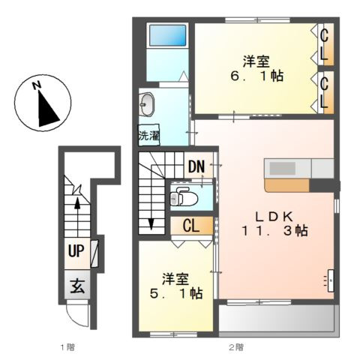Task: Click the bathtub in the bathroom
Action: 167,35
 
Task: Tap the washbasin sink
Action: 146,104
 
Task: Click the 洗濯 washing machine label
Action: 149,136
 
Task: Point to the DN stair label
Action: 196,166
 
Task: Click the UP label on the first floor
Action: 76,250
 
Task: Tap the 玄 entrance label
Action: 77,286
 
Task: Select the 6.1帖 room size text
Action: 256,76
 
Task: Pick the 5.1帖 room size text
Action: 176,293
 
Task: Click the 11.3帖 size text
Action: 274,231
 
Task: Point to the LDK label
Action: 274,217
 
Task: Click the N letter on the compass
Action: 37,85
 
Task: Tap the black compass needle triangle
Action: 47,109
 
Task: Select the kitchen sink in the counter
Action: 283,168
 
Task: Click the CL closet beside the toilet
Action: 192,226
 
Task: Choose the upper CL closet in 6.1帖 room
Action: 325,44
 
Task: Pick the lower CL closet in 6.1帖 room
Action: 325,92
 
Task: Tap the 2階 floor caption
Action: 236,347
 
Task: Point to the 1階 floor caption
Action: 67,347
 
